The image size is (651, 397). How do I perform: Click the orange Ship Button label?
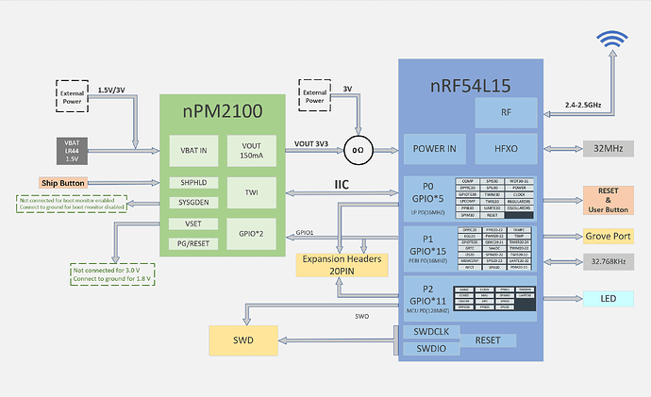coord(64,182)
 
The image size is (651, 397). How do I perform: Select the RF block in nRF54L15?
coord(506,113)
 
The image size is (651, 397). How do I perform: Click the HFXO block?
coord(506,148)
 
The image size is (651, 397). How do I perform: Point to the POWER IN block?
coord(435,148)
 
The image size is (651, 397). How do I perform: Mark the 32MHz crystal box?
coord(609,148)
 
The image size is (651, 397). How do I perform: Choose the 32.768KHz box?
coord(608,260)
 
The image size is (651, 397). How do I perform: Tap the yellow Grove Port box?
coord(608,236)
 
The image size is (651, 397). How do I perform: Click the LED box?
coord(608,299)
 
